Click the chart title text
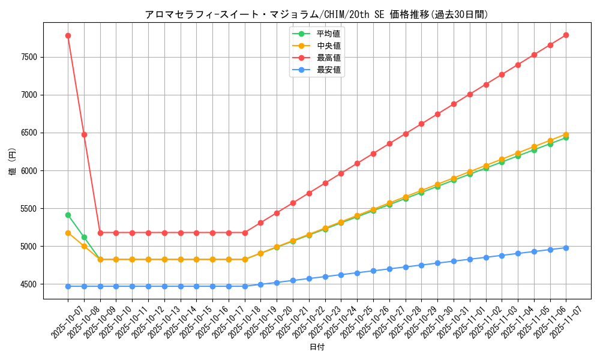[x=317, y=14]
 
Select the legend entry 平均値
[x=328, y=34]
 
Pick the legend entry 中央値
[x=328, y=46]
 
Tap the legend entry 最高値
[x=328, y=58]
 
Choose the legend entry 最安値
[x=328, y=70]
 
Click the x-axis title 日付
[x=317, y=347]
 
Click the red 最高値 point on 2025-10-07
[x=68, y=35]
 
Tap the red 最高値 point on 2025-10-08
[x=84, y=134]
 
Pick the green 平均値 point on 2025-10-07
[x=68, y=215]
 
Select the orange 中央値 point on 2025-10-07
[x=68, y=233]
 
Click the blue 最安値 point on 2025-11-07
[x=566, y=248]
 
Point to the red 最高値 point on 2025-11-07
[x=566, y=35]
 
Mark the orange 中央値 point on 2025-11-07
[x=566, y=134]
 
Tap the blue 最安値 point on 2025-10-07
[x=68, y=286]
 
